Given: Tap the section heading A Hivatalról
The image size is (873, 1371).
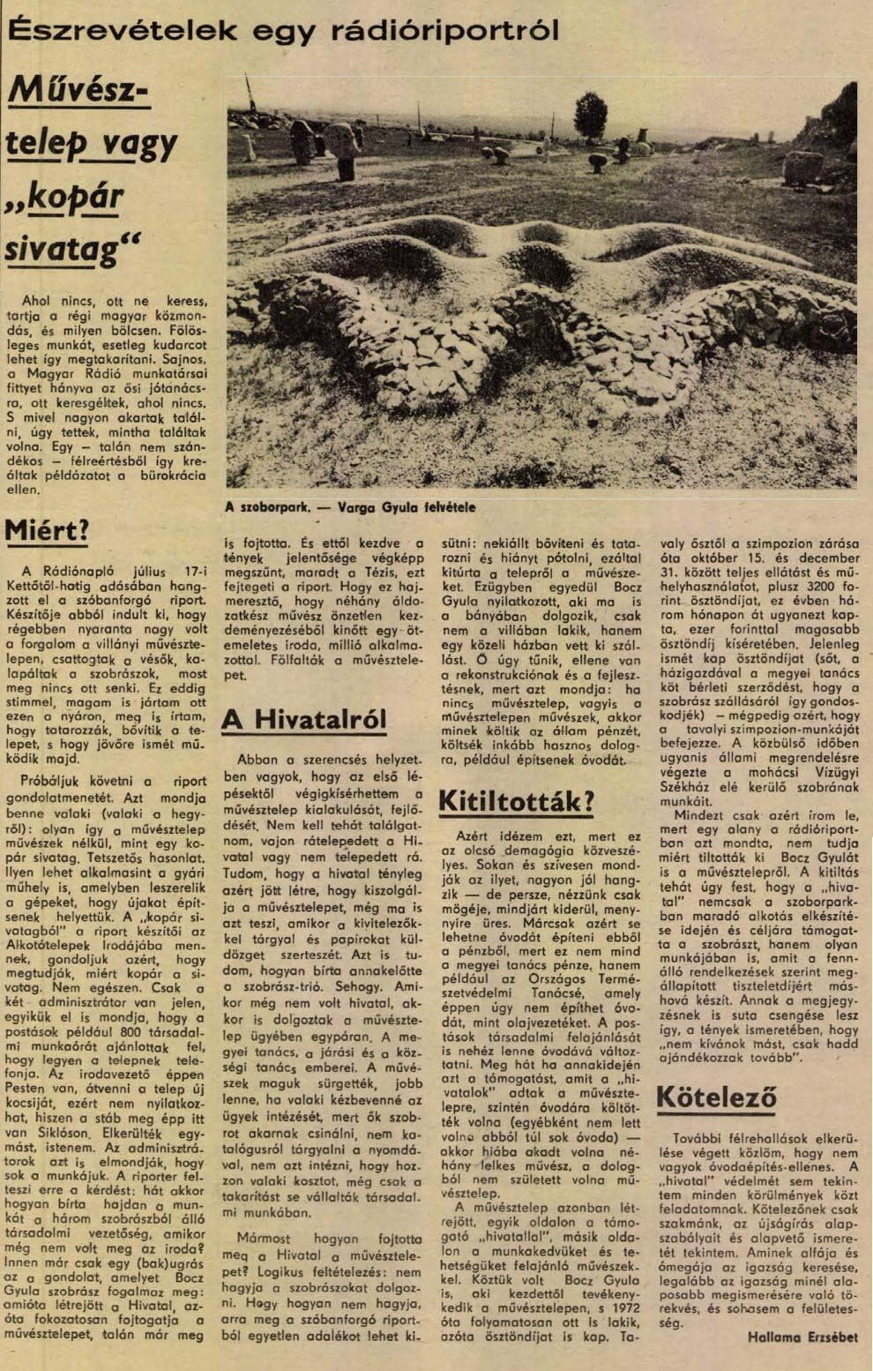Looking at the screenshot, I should pos(303,720).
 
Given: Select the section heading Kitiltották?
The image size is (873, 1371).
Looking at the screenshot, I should pos(516,802).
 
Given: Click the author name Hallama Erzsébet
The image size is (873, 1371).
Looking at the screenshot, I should pos(802,1337).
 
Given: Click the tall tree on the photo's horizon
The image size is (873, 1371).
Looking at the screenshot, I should pos(590,115).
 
